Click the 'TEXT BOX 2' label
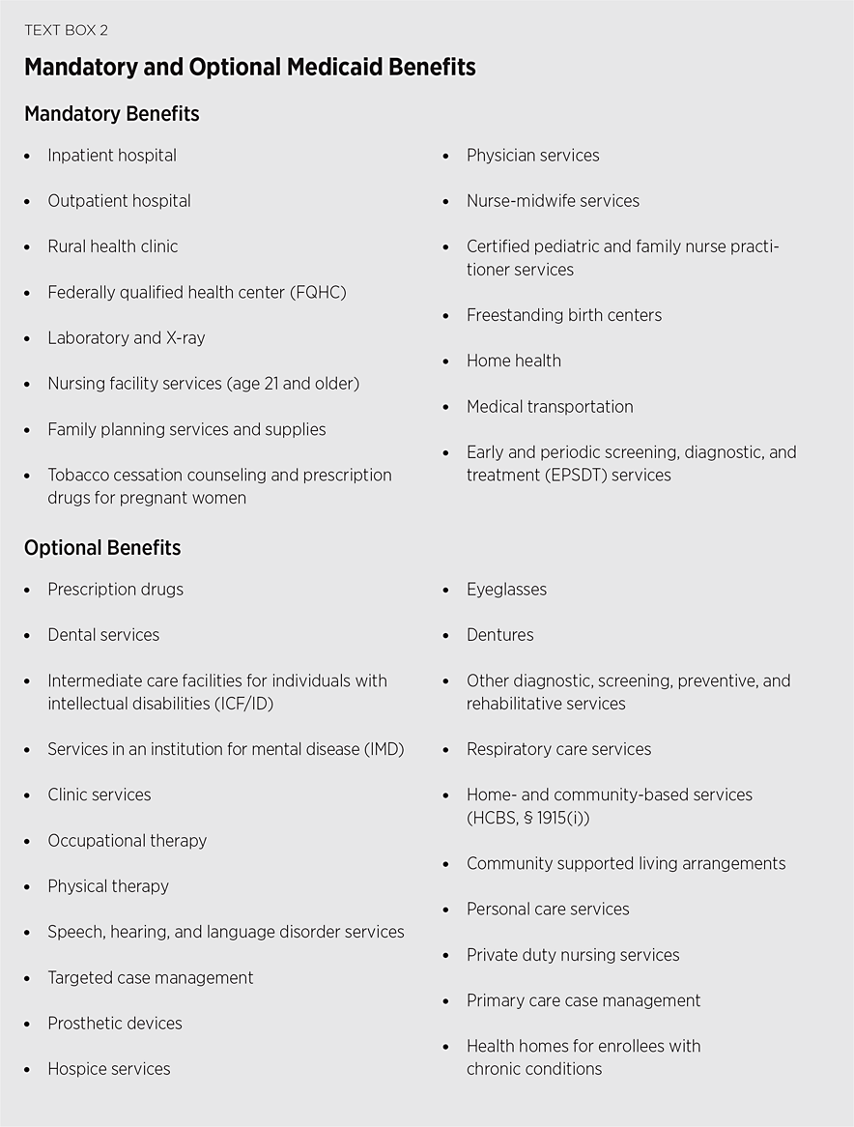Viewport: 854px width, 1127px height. [66, 30]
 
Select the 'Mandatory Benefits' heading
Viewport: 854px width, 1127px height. [111, 114]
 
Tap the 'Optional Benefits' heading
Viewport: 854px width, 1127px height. [102, 548]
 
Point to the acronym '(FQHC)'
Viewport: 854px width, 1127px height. [316, 292]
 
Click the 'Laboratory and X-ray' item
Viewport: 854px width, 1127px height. [126, 338]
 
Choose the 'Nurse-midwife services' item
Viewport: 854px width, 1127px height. [553, 201]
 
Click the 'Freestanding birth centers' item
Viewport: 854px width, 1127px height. [564, 315]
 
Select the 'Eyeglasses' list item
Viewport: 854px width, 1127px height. [506, 590]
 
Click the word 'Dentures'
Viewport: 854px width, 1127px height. [499, 635]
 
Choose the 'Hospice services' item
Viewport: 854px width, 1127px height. [108, 1069]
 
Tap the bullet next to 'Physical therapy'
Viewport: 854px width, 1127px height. [27, 887]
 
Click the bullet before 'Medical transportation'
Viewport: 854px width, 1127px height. [446, 407]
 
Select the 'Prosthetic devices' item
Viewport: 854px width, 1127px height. [114, 1024]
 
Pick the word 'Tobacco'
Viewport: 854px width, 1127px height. [78, 476]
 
